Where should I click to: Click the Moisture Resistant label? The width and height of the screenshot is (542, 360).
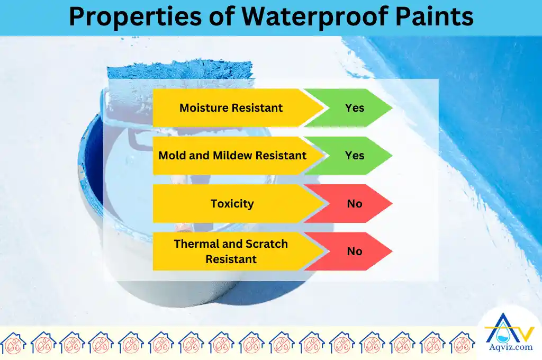[x=231, y=108]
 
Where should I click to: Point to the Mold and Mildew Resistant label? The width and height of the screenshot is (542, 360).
[x=232, y=156]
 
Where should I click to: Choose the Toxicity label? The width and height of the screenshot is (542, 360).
[x=232, y=204]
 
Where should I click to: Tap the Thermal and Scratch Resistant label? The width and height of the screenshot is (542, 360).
[x=231, y=251]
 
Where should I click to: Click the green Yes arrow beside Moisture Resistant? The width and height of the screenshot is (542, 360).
[x=354, y=108]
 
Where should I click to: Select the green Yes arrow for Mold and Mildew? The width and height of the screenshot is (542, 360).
[x=354, y=156]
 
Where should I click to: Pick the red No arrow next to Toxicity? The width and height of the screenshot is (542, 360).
[x=354, y=204]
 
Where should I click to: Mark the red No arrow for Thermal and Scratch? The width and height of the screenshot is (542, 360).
[x=354, y=251]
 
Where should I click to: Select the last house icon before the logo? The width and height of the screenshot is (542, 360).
[x=462, y=343]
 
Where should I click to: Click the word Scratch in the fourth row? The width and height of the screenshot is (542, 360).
[x=266, y=244]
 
